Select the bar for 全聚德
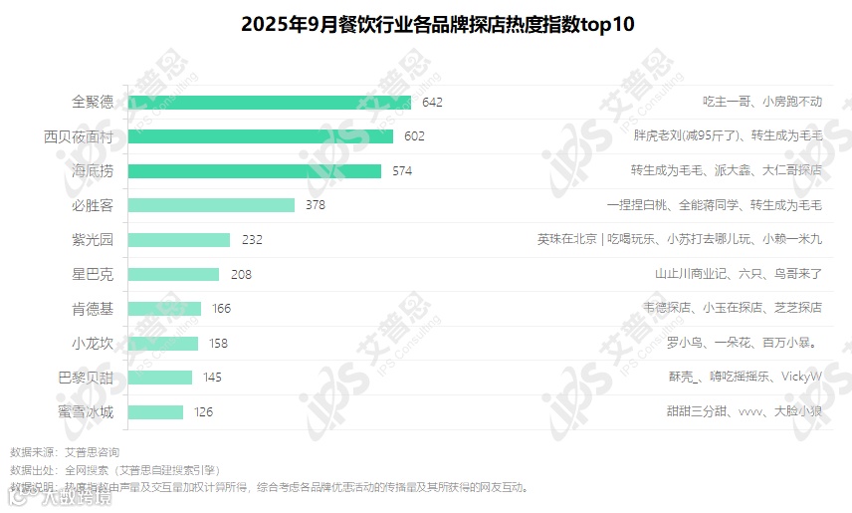270,102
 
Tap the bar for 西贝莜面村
261,136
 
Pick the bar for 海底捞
255,170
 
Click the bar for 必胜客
212,205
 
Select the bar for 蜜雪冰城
156,411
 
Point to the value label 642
432,102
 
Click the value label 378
316,205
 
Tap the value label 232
252,240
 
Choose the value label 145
212,378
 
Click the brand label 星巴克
93,274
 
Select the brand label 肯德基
93,309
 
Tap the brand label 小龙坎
93,343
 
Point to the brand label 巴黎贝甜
86,378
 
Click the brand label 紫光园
93,240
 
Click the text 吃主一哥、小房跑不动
762,102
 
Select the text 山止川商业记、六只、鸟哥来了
738,274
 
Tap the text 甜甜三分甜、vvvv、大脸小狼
744,411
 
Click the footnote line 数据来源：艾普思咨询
70,452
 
